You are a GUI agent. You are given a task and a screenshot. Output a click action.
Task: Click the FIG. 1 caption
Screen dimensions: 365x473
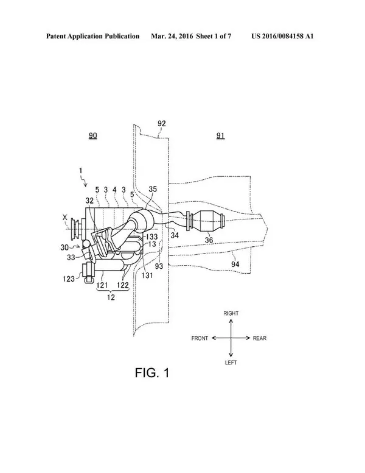[x=152, y=373]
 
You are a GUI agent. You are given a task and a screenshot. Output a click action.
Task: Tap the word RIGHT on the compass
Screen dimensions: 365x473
[x=231, y=313]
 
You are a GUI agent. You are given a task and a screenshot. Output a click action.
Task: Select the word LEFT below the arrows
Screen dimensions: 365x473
[x=231, y=363]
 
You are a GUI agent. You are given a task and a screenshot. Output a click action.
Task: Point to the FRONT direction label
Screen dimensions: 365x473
[x=200, y=338]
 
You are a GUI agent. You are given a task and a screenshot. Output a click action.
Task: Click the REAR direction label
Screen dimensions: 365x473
[x=260, y=338]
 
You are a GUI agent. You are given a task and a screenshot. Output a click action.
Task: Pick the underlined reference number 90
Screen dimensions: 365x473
[x=92, y=135]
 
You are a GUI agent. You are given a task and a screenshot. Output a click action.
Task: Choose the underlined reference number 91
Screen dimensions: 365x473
[x=220, y=135]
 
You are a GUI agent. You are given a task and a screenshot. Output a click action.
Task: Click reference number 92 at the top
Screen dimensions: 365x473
[x=162, y=123]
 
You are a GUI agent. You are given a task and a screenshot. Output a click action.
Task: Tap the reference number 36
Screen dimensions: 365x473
[x=209, y=240]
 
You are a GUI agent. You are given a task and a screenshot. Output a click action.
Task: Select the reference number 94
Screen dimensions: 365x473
[x=235, y=265]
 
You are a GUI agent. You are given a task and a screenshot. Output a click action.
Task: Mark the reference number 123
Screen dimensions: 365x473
[x=69, y=279]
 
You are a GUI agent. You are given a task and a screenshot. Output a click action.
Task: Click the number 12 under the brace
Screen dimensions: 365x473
[x=111, y=297]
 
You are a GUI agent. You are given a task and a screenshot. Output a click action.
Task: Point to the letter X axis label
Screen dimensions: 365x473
[x=64, y=217]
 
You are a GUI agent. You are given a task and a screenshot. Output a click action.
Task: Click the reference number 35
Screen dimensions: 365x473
[x=153, y=189]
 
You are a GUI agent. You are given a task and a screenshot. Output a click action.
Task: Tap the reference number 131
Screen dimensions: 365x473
[x=147, y=275]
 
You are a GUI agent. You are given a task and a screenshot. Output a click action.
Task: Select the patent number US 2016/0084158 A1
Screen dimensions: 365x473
[x=282, y=36]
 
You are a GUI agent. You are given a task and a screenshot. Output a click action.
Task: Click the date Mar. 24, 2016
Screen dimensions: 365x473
[x=172, y=36]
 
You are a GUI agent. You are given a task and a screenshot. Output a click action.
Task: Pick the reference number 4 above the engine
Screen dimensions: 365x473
[x=114, y=190]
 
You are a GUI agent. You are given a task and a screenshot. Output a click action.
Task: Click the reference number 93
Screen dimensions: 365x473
[x=159, y=266]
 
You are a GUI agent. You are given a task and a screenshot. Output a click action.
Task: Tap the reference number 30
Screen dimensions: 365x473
[x=64, y=247]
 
